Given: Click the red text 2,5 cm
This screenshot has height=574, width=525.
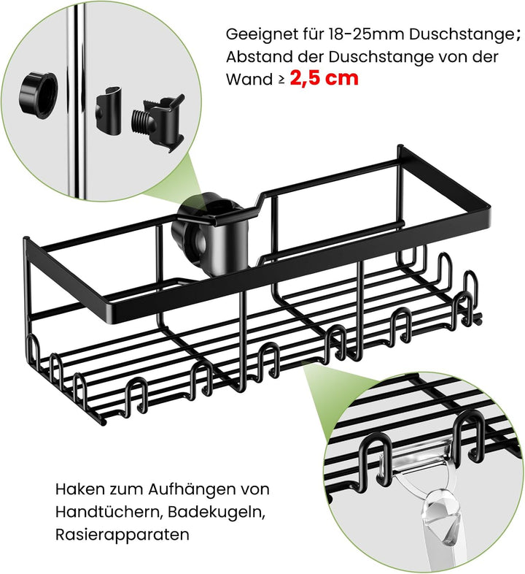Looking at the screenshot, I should (324, 78).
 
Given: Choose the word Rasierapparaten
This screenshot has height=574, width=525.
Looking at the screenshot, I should (122, 534).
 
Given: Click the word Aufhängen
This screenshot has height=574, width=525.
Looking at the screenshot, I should (188, 489).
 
